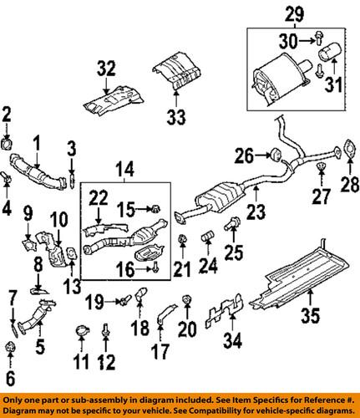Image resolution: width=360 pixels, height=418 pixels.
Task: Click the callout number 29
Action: (x=292, y=13)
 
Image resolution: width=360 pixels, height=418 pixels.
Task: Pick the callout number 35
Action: (x=311, y=316)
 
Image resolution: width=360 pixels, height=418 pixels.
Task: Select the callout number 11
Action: (x=81, y=363)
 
